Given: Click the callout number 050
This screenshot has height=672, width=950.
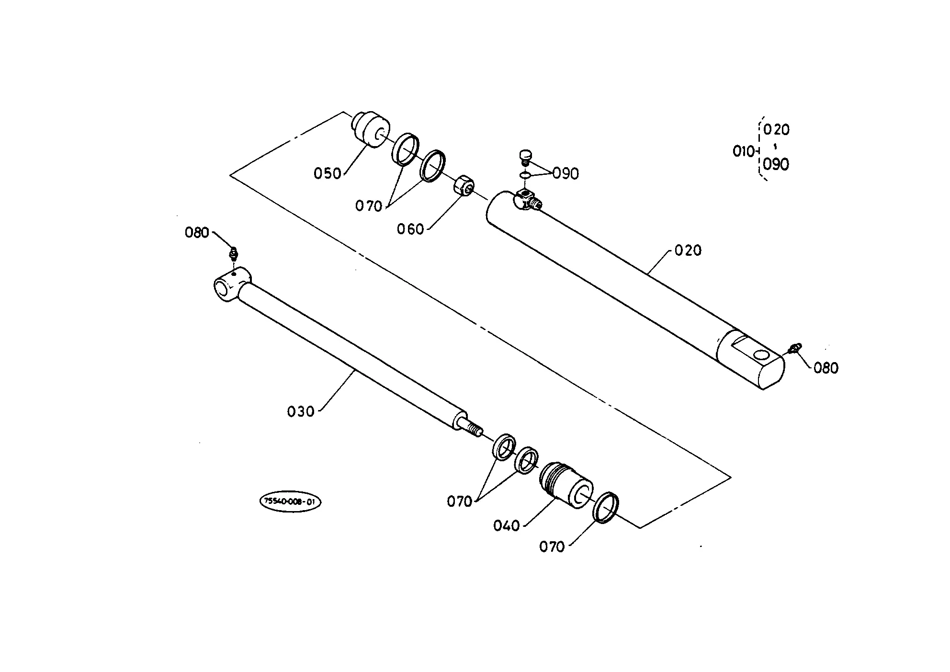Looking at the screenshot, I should click(x=327, y=173).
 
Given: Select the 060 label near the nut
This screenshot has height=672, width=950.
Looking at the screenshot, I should click(x=410, y=229).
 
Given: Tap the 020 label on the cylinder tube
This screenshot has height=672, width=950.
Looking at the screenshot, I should click(x=688, y=250).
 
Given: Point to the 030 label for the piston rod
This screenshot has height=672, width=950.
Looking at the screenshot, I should click(x=301, y=411).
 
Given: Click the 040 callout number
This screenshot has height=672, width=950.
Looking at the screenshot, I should click(x=506, y=526).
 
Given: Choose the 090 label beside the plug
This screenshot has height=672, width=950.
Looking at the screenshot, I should click(x=565, y=173).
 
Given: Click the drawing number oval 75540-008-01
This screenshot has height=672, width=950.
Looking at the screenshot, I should click(x=290, y=502).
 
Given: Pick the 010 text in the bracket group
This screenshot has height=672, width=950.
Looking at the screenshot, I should click(x=743, y=151).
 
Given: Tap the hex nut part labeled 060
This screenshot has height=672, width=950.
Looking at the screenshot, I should click(x=464, y=185).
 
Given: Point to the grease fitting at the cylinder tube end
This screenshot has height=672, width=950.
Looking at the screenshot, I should click(x=795, y=348).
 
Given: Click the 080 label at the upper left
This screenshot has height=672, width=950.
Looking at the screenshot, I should click(x=197, y=233).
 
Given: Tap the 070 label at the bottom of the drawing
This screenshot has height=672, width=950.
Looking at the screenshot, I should click(x=552, y=547).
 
